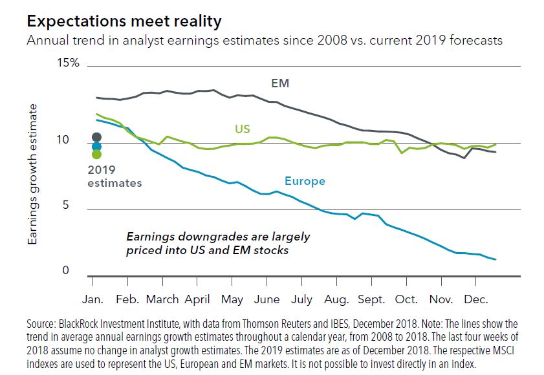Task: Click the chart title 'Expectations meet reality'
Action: [124, 21]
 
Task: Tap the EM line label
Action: [280, 84]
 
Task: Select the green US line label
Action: [243, 129]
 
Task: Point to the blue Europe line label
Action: [305, 182]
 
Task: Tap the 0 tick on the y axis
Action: [65, 270]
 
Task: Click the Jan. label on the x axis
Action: [94, 299]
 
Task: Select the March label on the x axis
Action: [162, 299]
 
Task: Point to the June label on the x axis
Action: [267, 299]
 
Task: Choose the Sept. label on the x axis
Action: [371, 299]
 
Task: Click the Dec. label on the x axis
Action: [475, 299]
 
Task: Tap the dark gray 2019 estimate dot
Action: [97, 136]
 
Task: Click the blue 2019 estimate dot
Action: [97, 146]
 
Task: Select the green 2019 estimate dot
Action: [97, 154]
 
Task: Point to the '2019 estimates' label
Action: [114, 177]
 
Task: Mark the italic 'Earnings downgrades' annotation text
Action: [218, 243]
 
